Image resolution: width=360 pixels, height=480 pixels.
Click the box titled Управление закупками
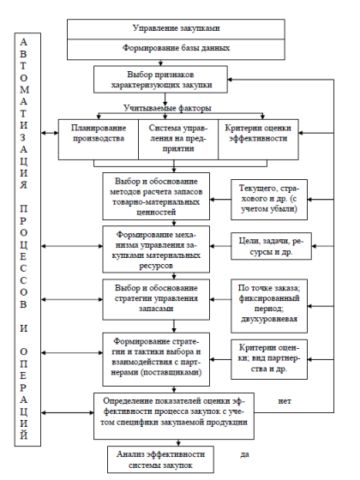coord(176,29)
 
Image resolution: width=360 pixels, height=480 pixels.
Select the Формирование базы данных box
coord(176,49)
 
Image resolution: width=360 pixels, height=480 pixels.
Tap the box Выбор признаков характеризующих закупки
coord(160,79)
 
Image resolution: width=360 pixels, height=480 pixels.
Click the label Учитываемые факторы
coord(167,108)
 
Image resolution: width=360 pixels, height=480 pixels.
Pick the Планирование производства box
coord(99,139)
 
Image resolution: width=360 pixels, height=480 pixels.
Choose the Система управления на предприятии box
coord(178,139)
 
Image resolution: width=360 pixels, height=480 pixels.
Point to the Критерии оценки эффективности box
coord(258,139)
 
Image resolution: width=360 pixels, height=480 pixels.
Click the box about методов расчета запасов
coord(156,196)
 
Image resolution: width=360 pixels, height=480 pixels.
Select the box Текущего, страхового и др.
coord(269,200)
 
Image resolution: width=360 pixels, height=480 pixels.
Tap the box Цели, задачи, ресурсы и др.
coord(271,247)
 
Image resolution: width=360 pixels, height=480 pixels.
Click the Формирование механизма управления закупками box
coord(156,249)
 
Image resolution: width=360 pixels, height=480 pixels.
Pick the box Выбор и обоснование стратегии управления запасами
coord(156,299)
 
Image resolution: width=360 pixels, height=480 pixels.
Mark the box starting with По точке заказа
coord(269,306)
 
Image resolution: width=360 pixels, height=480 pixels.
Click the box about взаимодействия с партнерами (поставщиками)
coord(156,359)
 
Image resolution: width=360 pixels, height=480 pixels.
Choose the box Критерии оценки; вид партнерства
coord(269,359)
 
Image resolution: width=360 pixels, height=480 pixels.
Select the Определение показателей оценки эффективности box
coord(174,416)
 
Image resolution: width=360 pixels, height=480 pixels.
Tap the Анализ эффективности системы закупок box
coord(160,459)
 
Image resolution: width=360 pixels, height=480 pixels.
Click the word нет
coord(285,401)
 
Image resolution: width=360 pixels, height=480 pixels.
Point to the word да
coord(244,454)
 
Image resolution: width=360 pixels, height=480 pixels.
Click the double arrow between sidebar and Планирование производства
coord(50,133)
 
